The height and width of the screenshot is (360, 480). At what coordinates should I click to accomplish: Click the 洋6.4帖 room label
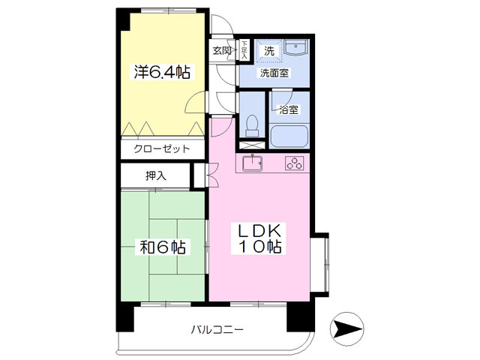tap(161, 73)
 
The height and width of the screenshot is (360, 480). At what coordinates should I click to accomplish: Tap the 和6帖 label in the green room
tap(161, 247)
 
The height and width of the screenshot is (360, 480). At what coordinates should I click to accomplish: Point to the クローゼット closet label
tap(161, 149)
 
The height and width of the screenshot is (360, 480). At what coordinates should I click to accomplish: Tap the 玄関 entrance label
tap(222, 50)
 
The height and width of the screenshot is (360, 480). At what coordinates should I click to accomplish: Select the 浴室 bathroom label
tap(288, 109)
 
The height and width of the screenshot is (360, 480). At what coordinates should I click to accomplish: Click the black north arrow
tap(347, 329)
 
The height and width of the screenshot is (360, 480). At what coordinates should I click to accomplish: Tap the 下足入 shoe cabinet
tap(244, 50)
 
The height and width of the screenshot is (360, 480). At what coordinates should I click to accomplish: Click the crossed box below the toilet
tap(252, 139)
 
